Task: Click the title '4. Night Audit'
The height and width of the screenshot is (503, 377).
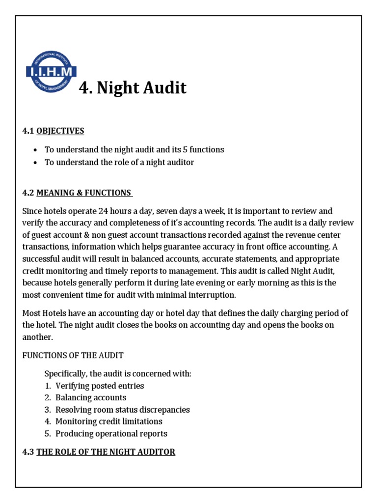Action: pyautogui.click(x=133, y=88)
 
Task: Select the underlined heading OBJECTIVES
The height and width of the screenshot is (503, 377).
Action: pyautogui.click(x=60, y=131)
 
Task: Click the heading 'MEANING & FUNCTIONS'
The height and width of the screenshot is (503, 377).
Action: pyautogui.click(x=83, y=193)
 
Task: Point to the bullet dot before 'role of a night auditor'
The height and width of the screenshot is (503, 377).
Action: pyautogui.click(x=36, y=163)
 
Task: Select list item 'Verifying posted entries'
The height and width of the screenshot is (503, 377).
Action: pyautogui.click(x=100, y=386)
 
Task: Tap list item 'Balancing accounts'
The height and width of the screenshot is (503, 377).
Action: pyautogui.click(x=91, y=397)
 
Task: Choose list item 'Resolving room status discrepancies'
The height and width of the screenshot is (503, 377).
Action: pyautogui.click(x=122, y=409)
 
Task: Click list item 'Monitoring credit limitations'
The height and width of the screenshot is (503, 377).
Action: pyautogui.click(x=108, y=421)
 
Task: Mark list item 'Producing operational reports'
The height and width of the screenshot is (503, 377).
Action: pyautogui.click(x=111, y=433)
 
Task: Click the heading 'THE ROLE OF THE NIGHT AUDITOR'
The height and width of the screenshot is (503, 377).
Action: pyautogui.click(x=106, y=451)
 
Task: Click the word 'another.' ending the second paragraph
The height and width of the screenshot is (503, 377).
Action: pyautogui.click(x=37, y=337)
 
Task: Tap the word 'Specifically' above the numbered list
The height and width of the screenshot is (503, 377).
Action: pyautogui.click(x=67, y=374)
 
